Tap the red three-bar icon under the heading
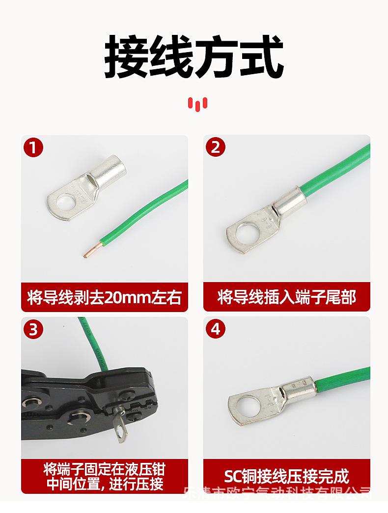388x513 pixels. point(197,103)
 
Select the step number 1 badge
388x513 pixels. point(33,147)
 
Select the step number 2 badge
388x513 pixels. point(216,147)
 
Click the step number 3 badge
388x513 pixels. point(33,329)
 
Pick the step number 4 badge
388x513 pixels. point(216,329)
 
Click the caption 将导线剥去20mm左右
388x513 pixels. point(105,297)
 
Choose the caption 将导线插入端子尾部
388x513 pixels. point(287,297)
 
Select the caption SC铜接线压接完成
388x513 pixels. point(287,476)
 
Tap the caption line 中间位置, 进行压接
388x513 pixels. point(105,484)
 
